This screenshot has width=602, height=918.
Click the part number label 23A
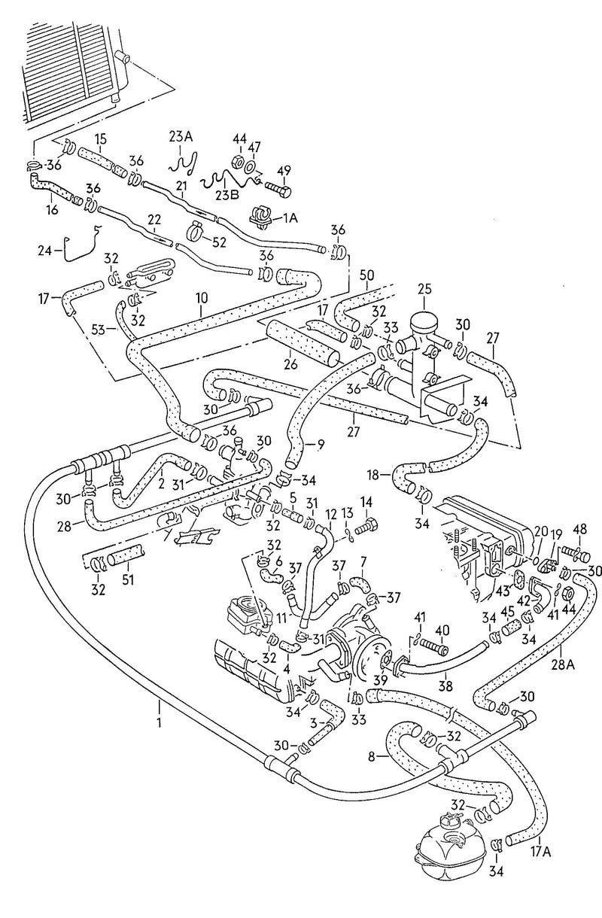pyautogui.click(x=181, y=136)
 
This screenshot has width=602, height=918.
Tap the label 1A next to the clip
pyautogui.click(x=290, y=217)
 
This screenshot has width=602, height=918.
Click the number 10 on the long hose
pyautogui.click(x=202, y=299)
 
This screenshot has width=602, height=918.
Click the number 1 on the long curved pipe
pyautogui.click(x=160, y=706)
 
